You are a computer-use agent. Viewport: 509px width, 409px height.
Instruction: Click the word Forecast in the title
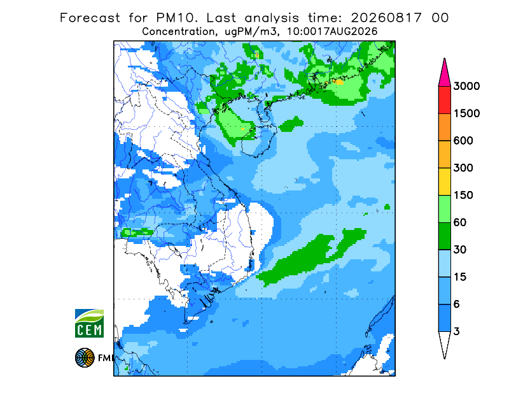(90, 18)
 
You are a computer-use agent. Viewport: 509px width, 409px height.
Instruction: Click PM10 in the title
(177, 18)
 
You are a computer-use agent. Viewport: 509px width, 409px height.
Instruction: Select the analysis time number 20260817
(386, 18)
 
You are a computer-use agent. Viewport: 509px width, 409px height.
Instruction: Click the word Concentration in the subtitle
(178, 32)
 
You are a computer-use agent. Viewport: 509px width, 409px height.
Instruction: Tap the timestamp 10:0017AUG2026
(332, 32)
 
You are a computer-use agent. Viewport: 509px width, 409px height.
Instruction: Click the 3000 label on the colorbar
(466, 86)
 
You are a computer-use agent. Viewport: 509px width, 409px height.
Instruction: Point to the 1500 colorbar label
(466, 113)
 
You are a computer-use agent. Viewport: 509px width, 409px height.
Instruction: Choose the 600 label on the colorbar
(463, 141)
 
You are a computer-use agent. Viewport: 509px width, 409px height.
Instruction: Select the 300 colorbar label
(463, 168)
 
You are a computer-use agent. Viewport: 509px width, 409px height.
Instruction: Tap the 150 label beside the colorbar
(463, 195)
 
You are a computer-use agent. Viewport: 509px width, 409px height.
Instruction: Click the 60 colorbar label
(460, 222)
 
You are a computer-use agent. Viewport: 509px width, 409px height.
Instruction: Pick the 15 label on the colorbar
(460, 277)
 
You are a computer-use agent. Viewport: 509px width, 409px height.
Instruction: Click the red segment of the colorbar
(444, 100)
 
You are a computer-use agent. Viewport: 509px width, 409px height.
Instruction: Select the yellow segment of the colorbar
(444, 182)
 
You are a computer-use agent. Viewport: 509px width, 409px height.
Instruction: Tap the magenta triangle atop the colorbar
(444, 74)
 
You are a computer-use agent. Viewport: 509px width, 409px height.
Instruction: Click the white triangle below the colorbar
(444, 343)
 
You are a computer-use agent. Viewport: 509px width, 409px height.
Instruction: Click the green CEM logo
(89, 323)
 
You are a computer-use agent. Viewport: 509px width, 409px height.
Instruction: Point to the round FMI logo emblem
(85, 357)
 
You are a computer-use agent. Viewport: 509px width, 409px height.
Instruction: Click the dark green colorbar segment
(444, 236)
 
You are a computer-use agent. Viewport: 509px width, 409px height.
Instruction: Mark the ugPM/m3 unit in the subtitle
(253, 32)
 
